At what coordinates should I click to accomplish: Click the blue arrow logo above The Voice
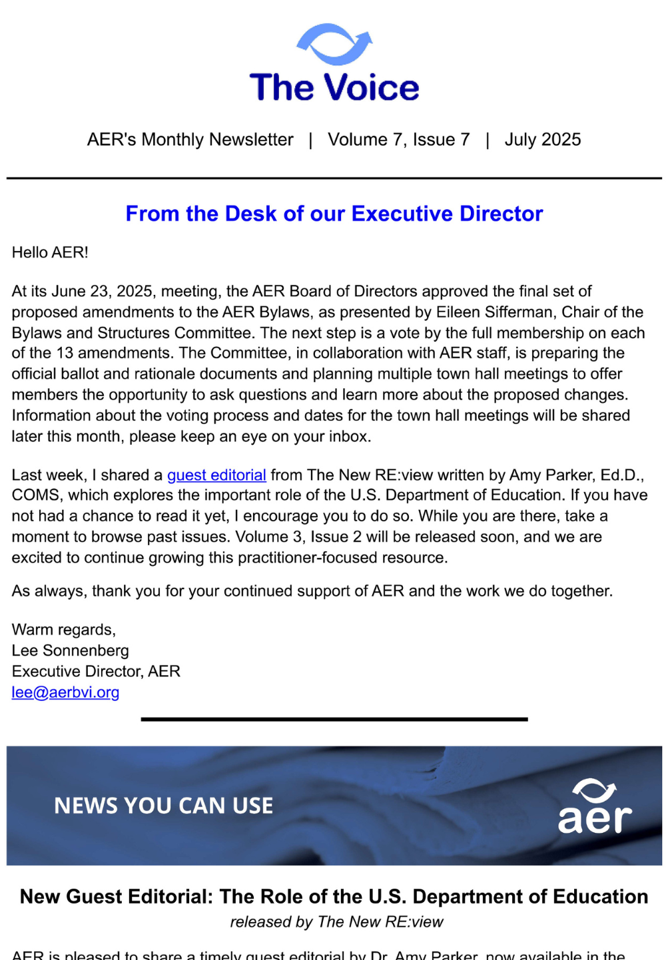point(334,44)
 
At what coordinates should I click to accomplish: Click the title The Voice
point(334,88)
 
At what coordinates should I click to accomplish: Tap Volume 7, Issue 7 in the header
point(398,140)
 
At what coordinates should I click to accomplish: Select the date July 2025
point(542,140)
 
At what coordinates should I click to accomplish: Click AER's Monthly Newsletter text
point(190,140)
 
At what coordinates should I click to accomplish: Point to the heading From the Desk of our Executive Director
point(334,214)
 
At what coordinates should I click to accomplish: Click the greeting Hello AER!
point(50,253)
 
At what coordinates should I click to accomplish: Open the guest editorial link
point(216,475)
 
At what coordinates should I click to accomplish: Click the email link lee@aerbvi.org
point(65,692)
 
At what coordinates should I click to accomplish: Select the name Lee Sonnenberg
point(70,650)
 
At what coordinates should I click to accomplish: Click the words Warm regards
point(63,630)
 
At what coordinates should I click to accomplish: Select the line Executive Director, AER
point(96,671)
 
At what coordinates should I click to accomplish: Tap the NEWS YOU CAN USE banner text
point(163,806)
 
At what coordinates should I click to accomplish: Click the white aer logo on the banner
point(595,807)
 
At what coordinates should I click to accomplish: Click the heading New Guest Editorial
point(334,897)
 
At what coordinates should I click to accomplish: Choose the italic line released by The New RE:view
point(336,922)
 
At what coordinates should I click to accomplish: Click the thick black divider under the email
point(334,720)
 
